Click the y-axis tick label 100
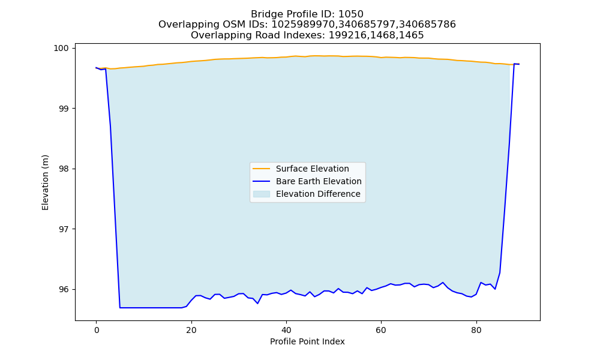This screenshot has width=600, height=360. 63,48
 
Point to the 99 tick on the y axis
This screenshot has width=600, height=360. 65,109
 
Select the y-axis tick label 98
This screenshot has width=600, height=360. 65,169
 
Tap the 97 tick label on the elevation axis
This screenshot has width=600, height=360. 65,229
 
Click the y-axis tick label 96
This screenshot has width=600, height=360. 65,289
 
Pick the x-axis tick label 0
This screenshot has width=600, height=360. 97,330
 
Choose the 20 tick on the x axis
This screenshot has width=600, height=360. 191,330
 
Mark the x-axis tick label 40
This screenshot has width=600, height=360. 286,330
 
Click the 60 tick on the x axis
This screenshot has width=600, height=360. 381,330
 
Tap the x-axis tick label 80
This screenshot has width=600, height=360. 476,330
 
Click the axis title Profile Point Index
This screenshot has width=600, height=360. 307,341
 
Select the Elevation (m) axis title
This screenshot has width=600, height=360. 45,182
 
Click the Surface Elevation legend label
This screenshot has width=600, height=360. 312,169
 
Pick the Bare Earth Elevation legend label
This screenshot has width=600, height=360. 319,181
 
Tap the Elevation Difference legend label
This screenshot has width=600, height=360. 318,194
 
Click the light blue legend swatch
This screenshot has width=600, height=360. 262,194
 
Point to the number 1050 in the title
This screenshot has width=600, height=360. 351,14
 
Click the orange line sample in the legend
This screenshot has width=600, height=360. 262,169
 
